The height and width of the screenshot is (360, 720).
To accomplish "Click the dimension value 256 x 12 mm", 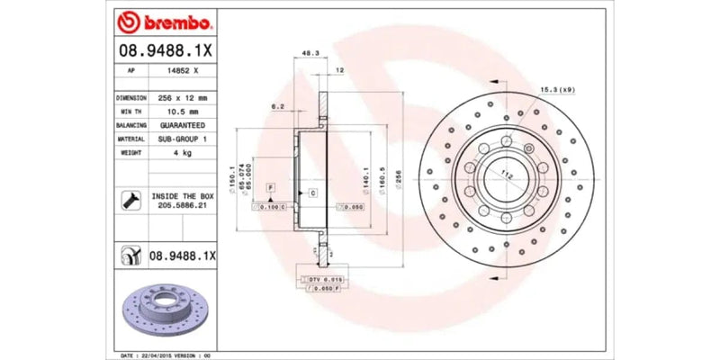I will [181, 97].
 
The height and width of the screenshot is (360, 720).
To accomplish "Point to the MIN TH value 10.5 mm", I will [181, 111].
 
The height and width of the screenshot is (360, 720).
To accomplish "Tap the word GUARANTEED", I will [181, 125].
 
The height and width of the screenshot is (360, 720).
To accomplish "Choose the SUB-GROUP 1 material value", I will [181, 139].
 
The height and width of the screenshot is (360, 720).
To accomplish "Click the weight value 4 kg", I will [181, 153].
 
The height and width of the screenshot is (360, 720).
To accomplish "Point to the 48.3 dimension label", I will [308, 54].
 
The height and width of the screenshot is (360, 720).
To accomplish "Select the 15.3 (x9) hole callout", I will [560, 89].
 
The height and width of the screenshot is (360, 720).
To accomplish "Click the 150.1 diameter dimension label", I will [233, 175].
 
